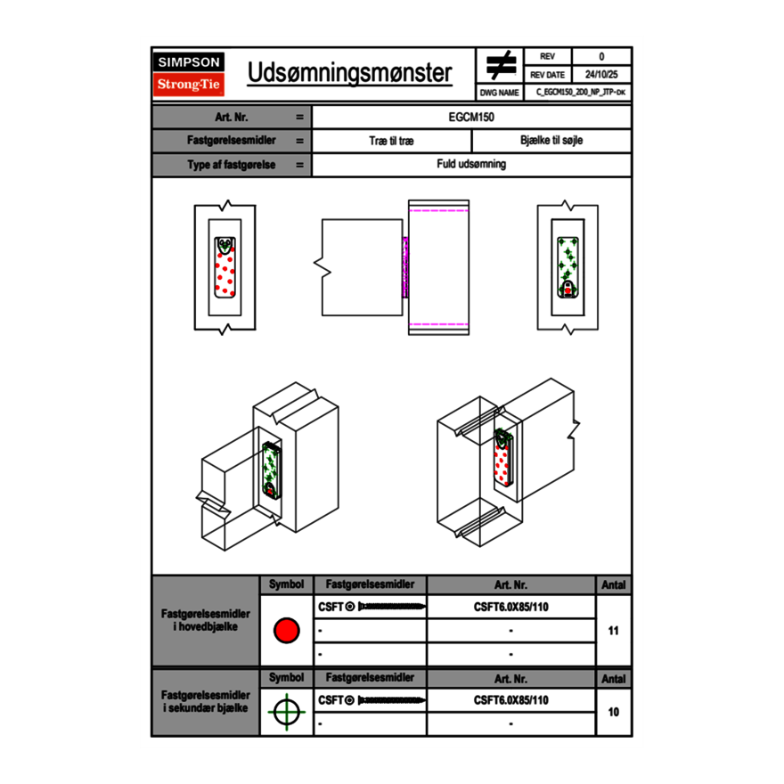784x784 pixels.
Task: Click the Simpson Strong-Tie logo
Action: point(190,74)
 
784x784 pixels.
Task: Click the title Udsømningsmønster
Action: point(350,73)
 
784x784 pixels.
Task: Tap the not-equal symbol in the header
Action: point(501,65)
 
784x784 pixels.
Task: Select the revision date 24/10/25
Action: point(601,75)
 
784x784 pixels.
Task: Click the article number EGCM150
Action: point(471,117)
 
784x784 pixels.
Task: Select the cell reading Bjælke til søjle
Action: point(551,141)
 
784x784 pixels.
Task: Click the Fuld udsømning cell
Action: point(471,164)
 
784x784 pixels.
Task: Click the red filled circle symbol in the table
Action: point(286,631)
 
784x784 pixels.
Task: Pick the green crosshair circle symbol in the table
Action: point(286,712)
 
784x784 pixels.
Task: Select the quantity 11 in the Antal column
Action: point(613,631)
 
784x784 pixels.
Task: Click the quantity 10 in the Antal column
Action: point(613,712)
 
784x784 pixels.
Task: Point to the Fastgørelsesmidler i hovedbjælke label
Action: point(206,621)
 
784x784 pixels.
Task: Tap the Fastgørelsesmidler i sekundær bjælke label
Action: point(206,701)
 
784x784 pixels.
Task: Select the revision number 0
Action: point(601,57)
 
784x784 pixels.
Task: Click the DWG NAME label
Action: point(500,92)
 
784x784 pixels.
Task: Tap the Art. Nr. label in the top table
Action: point(231,117)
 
